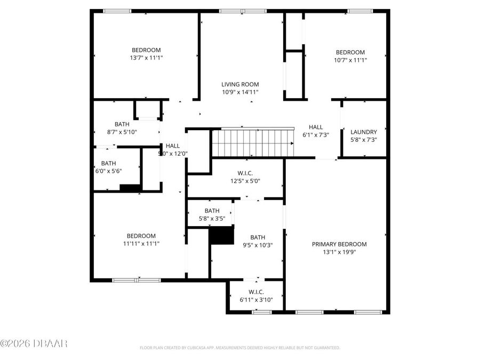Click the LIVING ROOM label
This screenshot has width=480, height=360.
(x=240, y=84)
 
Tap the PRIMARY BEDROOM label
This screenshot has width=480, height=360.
(x=339, y=244)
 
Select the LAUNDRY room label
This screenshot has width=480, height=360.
(x=364, y=132)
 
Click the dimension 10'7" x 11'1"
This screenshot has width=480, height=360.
(x=350, y=60)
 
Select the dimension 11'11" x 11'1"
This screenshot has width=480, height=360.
(x=141, y=244)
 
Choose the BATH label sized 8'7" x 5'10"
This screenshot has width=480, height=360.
(x=122, y=132)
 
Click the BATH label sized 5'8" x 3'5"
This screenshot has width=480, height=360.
(x=212, y=218)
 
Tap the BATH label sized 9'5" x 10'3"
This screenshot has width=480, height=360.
(x=258, y=246)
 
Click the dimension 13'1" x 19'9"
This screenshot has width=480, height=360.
(x=339, y=252)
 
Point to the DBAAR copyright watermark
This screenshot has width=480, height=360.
(x=34, y=343)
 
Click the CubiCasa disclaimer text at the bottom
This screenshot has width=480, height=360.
(x=239, y=348)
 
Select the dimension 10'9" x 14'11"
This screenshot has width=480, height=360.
(x=240, y=92)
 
